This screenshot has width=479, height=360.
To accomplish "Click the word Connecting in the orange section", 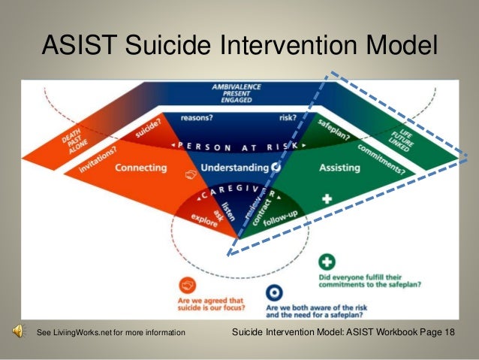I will [x=140, y=168].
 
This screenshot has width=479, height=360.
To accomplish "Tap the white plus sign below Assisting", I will [x=327, y=200].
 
